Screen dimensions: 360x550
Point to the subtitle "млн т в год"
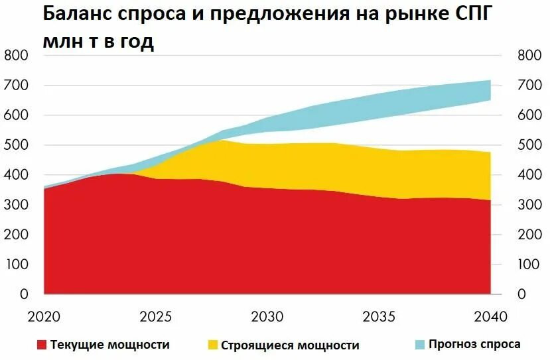pos(98,42)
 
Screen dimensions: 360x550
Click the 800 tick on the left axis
pos(15,56)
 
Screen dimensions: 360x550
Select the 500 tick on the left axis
pos(15,145)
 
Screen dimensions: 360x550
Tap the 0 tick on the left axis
pos(23,294)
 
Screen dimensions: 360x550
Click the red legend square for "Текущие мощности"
pos(42,345)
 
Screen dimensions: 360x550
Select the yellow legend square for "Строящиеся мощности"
pos(212,345)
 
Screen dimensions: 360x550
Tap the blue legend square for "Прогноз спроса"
pos(421,344)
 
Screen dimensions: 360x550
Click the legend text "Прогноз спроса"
pos(474,344)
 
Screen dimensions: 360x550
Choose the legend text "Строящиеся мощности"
pos(290,345)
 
